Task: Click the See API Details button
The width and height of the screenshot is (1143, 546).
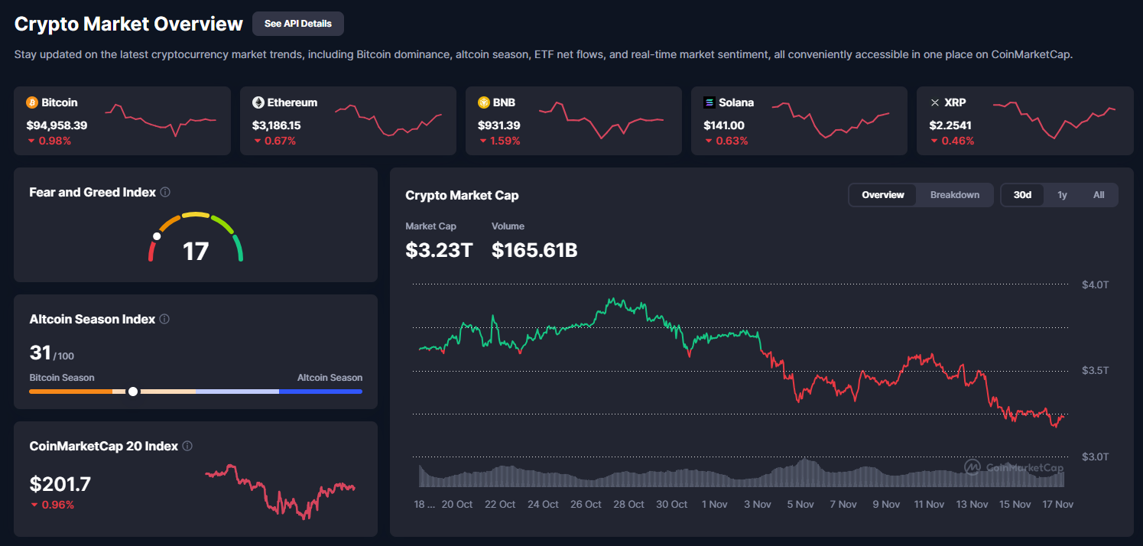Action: point(298,24)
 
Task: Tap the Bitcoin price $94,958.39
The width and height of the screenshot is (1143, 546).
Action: point(57,125)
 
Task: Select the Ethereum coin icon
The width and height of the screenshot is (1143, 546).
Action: point(258,102)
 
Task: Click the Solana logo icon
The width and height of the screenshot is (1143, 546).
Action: point(710,102)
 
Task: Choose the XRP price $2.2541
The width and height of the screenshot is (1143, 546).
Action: point(951,125)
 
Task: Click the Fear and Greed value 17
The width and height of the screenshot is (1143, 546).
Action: point(196,251)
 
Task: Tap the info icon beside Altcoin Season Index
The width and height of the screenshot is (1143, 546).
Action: point(164,319)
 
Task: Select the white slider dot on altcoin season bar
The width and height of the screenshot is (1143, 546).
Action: point(133,392)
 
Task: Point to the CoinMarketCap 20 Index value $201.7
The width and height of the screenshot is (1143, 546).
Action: point(60,484)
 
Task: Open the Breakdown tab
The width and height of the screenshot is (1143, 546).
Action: point(955,195)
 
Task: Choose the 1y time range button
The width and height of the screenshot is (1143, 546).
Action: point(1062,195)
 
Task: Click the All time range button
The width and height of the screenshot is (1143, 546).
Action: point(1099,195)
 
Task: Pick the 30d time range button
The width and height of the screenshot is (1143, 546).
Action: point(1023,195)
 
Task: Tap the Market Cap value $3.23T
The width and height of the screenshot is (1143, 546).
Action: point(439,249)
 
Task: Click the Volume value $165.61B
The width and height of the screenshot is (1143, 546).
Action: point(534,249)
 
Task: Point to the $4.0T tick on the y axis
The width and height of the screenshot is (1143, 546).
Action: point(1095,284)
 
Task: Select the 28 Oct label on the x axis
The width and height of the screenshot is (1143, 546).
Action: point(628,505)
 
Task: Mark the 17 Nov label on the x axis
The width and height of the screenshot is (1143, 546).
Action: point(1058,505)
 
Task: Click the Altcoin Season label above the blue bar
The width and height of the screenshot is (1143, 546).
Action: point(330,378)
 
